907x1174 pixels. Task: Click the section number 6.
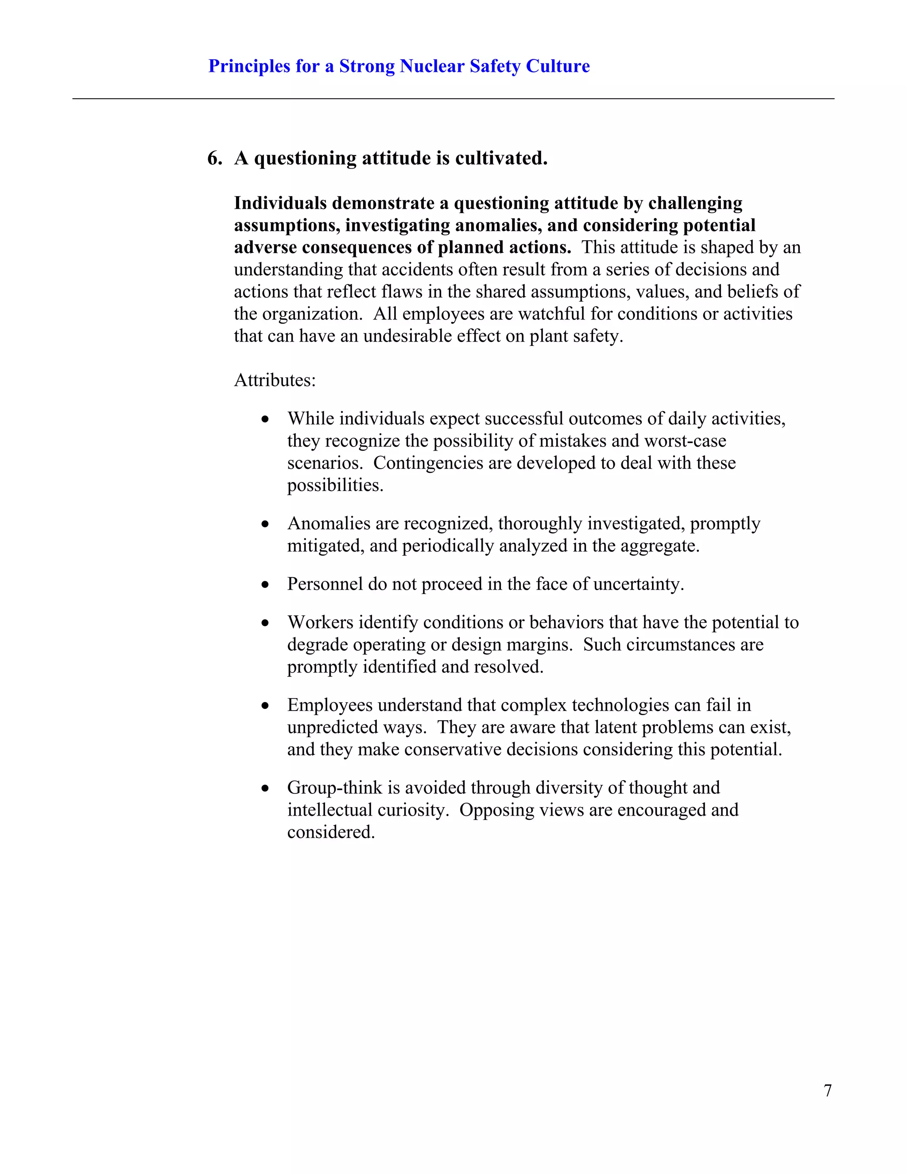tap(214, 159)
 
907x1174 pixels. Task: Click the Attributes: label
tap(275, 380)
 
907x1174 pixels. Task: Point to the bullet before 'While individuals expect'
tap(265, 419)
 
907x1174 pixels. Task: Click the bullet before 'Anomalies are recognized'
tap(265, 524)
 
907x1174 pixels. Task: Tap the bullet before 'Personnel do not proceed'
tap(265, 585)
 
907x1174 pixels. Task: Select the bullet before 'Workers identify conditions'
tap(265, 623)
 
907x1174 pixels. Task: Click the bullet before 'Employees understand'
tap(265, 706)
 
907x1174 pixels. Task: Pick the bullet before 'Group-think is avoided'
tap(265, 789)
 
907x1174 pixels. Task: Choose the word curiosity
tap(405, 810)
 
